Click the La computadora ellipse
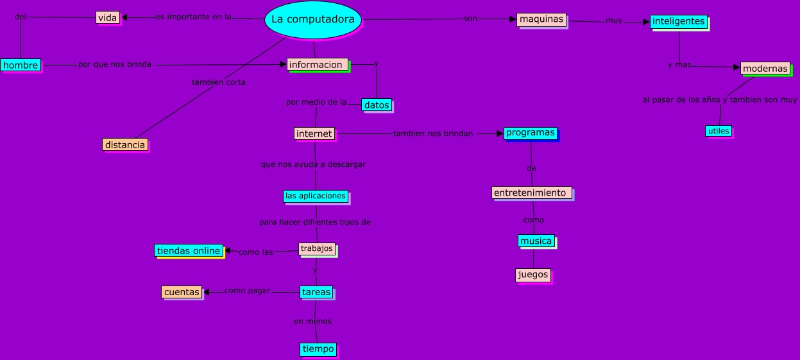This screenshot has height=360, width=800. (x=312, y=20)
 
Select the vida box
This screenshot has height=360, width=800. (x=108, y=18)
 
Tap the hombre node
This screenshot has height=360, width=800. (x=21, y=65)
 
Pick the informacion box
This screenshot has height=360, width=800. (x=318, y=64)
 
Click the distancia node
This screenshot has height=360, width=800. (x=124, y=144)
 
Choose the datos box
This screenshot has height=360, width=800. (x=377, y=105)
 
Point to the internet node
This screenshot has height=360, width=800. (x=314, y=133)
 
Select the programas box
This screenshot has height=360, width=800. (x=531, y=133)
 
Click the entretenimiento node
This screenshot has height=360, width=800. (x=531, y=193)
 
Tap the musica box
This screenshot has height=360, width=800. (x=536, y=241)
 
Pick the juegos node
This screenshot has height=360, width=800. (x=533, y=275)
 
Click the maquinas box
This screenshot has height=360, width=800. (x=541, y=19)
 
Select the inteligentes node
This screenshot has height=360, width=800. (x=678, y=21)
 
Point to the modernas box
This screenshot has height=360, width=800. (x=765, y=69)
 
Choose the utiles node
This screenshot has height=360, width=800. (x=719, y=131)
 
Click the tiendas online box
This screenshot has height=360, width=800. (x=189, y=251)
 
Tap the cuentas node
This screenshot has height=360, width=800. (x=182, y=292)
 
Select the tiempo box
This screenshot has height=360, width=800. (x=318, y=349)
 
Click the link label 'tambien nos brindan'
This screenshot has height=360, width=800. (x=432, y=133)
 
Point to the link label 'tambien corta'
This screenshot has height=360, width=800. (x=218, y=82)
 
